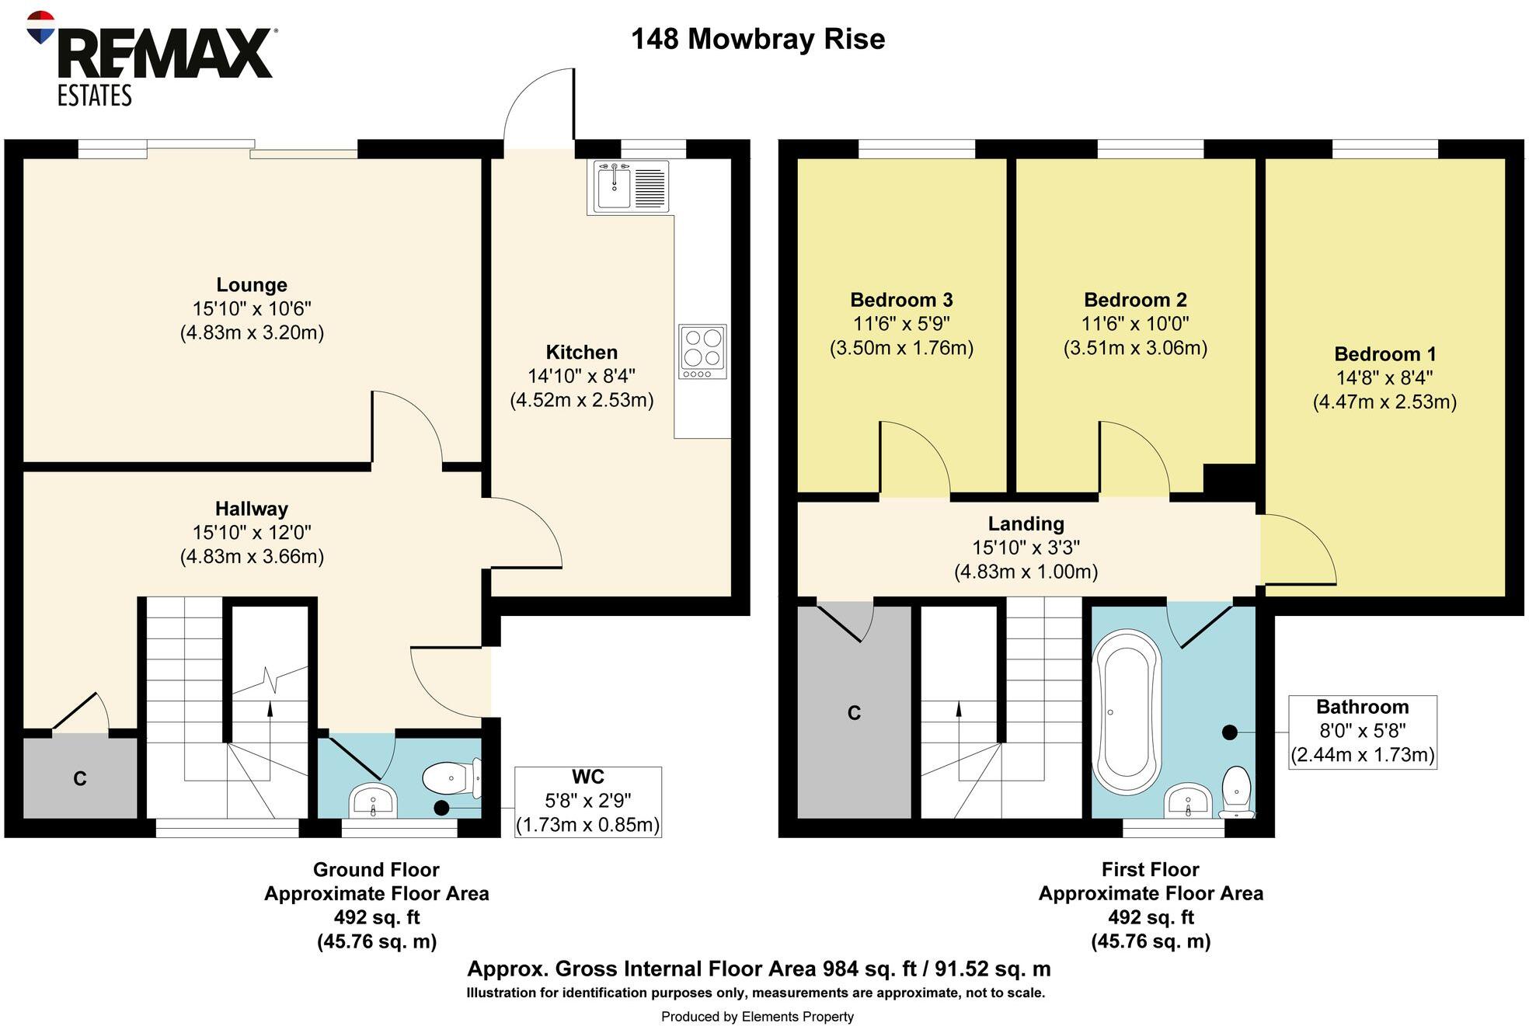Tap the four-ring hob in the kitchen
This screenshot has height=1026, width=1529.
click(x=702, y=351)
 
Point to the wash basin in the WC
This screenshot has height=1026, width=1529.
click(x=374, y=800)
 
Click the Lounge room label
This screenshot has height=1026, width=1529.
click(x=252, y=285)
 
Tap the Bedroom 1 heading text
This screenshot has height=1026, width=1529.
click(x=1384, y=354)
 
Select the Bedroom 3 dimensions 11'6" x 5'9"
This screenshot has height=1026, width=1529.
click(x=901, y=324)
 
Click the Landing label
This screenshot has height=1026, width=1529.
click(x=1026, y=523)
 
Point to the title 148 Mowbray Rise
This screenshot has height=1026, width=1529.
click(x=758, y=39)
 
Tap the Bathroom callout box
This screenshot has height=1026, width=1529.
click(x=1362, y=732)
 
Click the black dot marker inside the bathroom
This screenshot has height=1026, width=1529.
click(x=1229, y=732)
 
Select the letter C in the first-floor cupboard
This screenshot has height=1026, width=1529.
click(x=854, y=713)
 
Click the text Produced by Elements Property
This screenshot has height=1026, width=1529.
click(x=757, y=1017)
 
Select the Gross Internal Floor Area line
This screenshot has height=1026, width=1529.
click(x=758, y=969)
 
